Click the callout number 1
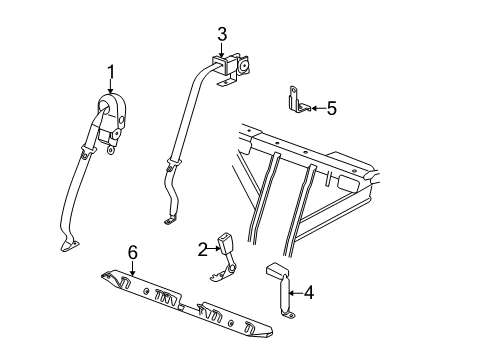click(111, 72)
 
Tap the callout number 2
click(202, 250)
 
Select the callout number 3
click(222, 35)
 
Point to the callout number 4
click(309, 293)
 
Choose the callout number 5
click(332, 108)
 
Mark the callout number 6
click(133, 252)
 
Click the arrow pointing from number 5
click(318, 108)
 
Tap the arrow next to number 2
click(213, 248)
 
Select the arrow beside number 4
click(296, 293)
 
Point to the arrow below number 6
click(133, 268)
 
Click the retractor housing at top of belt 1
click(112, 112)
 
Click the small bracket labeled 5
click(299, 100)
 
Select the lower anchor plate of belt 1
click(69, 245)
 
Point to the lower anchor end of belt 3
click(170, 220)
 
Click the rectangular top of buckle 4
click(276, 269)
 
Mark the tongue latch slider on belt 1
click(88, 151)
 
